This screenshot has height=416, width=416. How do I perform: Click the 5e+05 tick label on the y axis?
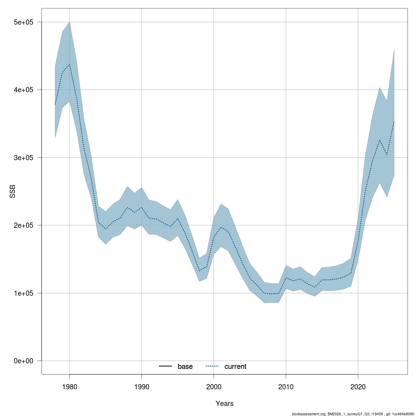coord(23,22)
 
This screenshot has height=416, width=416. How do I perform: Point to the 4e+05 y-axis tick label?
coord(23,90)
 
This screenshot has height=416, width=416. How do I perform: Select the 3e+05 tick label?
coord(23,158)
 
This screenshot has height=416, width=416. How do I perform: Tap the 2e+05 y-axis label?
coord(23,225)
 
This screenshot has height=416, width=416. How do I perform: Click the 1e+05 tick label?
coord(23,293)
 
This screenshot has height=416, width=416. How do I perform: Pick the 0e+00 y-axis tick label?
coord(23,361)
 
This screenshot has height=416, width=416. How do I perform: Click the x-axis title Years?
coord(224,404)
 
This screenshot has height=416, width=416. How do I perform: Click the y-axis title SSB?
coord(12,191)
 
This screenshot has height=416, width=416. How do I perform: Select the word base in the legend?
coord(185,366)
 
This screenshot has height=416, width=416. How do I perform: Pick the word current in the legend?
coord(235,366)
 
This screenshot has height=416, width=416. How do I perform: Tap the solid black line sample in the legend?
coord(166,366)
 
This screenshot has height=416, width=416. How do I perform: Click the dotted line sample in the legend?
coord(213,366)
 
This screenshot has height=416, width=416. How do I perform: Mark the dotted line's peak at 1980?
coord(69,64)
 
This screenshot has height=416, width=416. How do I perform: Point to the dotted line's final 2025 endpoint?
coord(394,121)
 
